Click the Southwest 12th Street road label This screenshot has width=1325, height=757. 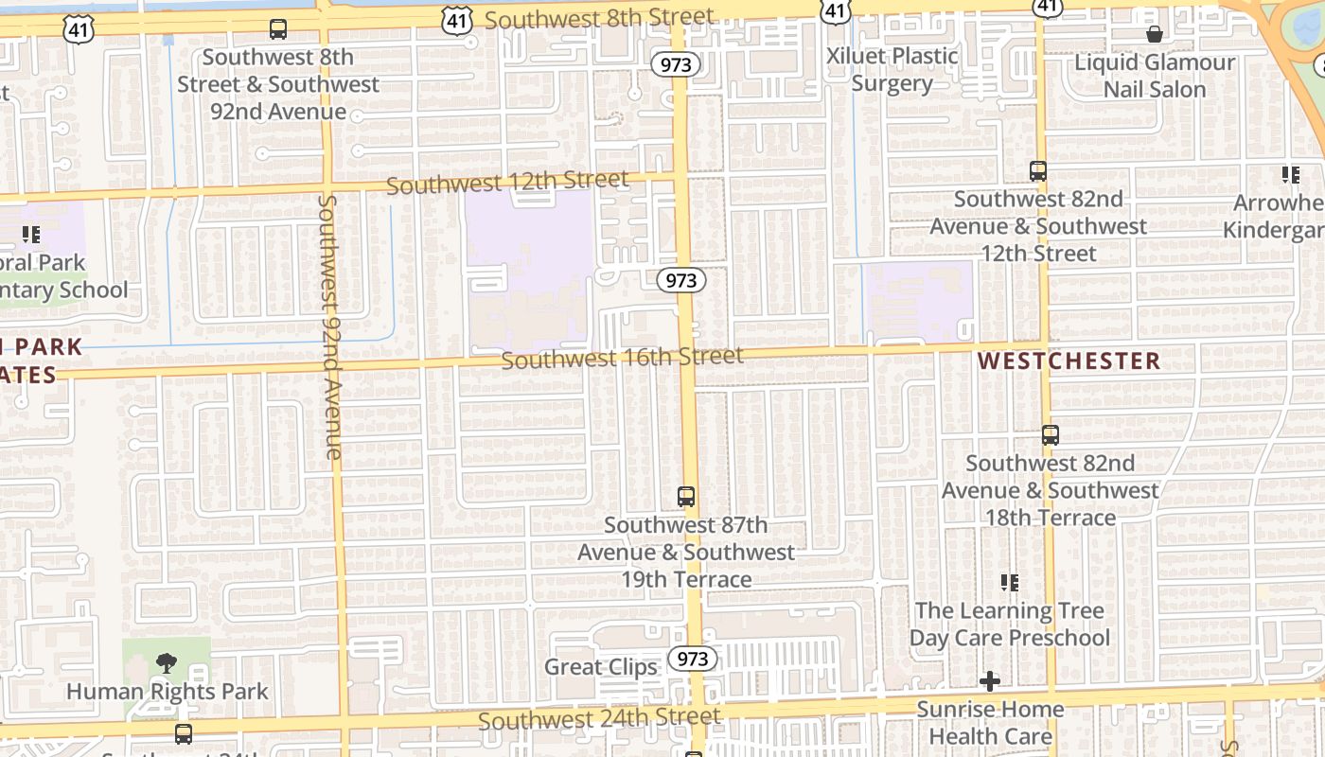(x=507, y=183)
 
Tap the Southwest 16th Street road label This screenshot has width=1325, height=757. (x=623, y=358)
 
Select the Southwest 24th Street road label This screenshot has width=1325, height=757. (x=599, y=719)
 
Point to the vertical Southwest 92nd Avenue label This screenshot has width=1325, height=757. (x=330, y=326)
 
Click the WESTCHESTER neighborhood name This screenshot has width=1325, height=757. (x=1069, y=361)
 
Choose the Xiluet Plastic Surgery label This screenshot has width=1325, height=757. (x=892, y=69)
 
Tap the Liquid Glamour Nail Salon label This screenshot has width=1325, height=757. (x=1155, y=76)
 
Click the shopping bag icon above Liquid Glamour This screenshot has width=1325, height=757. (x=1155, y=35)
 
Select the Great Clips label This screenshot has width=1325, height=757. (x=600, y=667)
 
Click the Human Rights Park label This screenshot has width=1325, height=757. (x=168, y=692)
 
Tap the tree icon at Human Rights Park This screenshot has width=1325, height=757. (x=167, y=661)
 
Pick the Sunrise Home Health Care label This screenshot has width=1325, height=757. (x=990, y=722)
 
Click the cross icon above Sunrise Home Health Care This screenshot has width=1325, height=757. (x=990, y=680)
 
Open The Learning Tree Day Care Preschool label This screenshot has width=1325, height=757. (x=1009, y=625)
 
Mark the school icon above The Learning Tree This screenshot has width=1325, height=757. (x=1010, y=582)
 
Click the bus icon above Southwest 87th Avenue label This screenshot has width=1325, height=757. (x=686, y=496)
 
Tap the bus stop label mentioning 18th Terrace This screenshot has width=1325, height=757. (x=1051, y=490)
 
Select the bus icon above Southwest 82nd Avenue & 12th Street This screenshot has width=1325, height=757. (x=1038, y=171)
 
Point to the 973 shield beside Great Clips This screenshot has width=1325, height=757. (x=693, y=659)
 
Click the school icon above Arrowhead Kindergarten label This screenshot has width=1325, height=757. (x=1290, y=175)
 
